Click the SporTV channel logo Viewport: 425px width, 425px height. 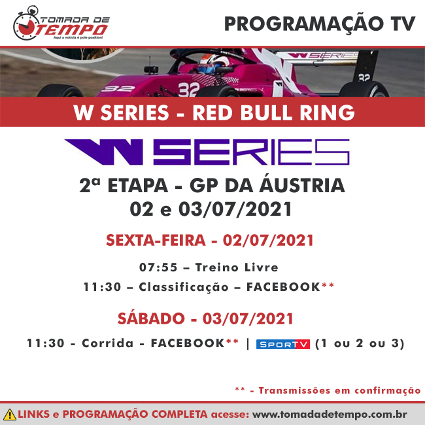(283, 344)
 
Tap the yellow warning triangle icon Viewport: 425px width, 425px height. (10, 415)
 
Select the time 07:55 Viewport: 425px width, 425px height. (158, 267)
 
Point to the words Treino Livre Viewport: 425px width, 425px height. (237, 267)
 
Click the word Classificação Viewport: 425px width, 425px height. (184, 287)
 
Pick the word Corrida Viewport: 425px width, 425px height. (108, 343)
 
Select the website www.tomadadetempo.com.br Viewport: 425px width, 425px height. (330, 415)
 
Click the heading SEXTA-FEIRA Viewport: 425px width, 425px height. (156, 240)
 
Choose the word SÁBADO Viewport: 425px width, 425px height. (151, 318)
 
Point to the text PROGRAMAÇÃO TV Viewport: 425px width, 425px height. (320, 24)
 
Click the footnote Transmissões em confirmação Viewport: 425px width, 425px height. (339, 390)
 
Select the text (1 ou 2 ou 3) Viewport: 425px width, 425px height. (360, 343)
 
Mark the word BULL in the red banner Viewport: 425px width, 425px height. (267, 112)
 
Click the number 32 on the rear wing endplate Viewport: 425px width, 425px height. (364, 78)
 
